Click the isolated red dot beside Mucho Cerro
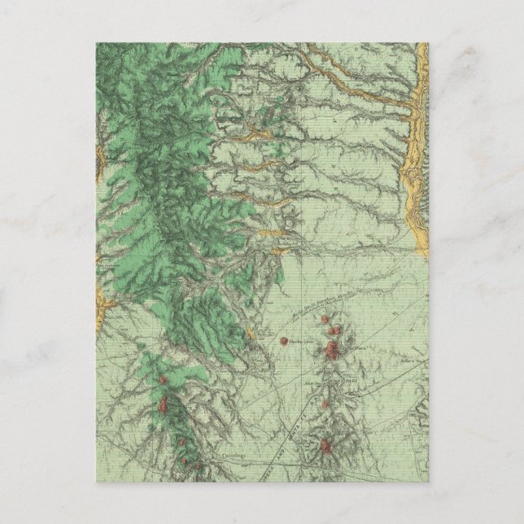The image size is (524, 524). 283,341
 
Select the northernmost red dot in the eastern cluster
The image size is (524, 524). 334,324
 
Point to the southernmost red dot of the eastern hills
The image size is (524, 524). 326,446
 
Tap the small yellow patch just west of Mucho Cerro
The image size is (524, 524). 251,333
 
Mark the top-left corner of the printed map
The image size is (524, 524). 95,43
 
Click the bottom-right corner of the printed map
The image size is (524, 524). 429,481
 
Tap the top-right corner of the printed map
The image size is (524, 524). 429,43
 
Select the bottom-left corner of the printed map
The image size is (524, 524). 95,481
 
